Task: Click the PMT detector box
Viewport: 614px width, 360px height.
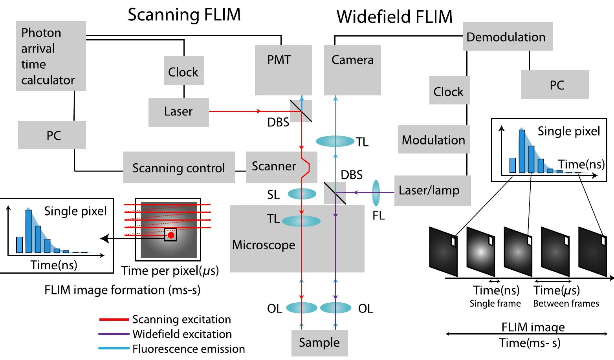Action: tap(283, 70)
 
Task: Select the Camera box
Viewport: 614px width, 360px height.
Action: tap(352, 70)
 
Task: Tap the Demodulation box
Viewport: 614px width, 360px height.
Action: tap(508, 37)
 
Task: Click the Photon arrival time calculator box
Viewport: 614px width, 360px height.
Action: tap(51, 56)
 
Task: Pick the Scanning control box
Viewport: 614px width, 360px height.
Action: tap(179, 168)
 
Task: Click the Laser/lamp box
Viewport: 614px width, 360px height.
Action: tap(432, 190)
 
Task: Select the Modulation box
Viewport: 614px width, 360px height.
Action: tap(433, 140)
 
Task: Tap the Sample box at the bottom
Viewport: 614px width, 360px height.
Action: tap(319, 343)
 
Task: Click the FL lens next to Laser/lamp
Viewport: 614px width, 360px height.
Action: tap(376, 193)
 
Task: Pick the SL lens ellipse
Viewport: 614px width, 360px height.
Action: tap(302, 194)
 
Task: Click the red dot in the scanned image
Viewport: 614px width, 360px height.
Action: tap(171, 235)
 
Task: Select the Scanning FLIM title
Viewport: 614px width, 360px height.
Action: tap(184, 15)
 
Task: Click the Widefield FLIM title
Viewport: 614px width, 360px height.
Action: tap(394, 16)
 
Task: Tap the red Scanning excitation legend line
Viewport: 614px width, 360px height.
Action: tap(114, 320)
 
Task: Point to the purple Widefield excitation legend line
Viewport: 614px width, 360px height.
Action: tap(114, 334)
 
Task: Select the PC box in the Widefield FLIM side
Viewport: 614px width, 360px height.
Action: tap(555, 84)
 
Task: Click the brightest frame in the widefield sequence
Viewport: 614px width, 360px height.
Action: tap(480, 251)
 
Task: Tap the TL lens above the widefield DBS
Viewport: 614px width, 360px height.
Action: tap(335, 141)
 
